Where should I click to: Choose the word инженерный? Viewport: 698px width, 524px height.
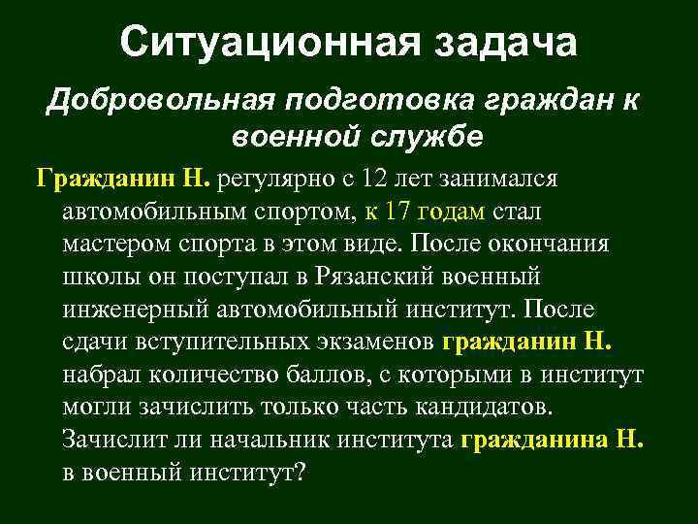point(135,309)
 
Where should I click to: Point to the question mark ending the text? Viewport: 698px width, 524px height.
point(300,473)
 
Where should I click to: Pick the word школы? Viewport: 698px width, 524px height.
point(95,276)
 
